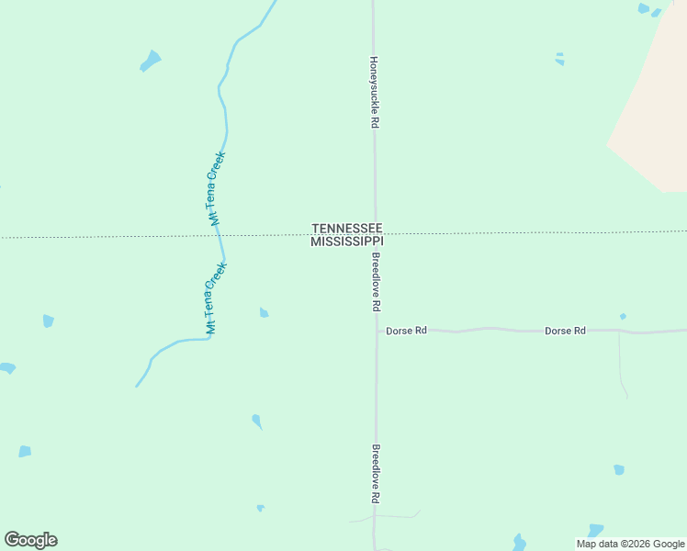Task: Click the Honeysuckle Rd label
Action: click(374, 92)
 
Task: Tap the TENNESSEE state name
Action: click(347, 228)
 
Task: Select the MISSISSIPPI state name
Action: click(346, 242)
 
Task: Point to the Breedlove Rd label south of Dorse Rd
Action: click(376, 474)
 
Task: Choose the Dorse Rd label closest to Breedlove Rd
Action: click(407, 330)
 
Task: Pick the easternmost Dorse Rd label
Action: click(565, 330)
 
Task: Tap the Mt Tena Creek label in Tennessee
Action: click(215, 188)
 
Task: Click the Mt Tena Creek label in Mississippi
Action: click(215, 298)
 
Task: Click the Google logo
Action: click(30, 540)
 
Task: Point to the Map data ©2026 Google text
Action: click(631, 544)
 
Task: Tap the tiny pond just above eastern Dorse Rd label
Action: click(623, 317)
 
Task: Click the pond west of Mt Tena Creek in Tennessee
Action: click(150, 61)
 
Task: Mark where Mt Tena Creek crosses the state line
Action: click(219, 236)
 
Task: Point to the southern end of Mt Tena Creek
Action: click(138, 385)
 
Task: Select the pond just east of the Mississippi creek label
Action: click(264, 312)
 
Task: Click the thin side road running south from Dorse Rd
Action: click(621, 367)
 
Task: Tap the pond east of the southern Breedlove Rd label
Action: click(619, 469)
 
